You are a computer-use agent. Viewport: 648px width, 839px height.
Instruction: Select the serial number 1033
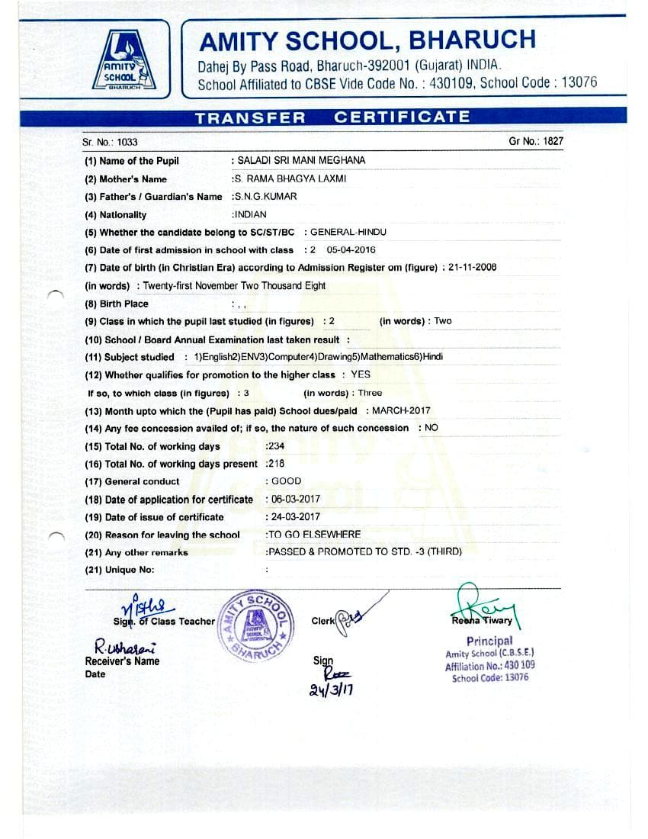[127, 143]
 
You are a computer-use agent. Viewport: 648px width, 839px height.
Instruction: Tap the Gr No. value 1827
[553, 141]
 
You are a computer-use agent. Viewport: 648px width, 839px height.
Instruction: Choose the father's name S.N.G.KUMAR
[265, 197]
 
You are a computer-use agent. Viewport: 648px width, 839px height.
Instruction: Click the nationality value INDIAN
[250, 215]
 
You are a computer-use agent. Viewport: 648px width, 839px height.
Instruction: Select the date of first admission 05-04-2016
[351, 250]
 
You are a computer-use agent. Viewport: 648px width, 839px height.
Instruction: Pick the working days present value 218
[274, 464]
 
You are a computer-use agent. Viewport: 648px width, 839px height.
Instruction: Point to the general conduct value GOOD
[286, 481]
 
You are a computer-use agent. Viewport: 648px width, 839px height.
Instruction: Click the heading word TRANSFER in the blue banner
[250, 117]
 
